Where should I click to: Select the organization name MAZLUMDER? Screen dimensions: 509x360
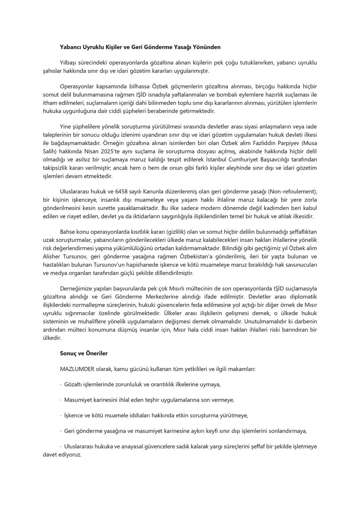point(75,369)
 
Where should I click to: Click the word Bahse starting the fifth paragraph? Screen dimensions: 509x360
point(68,232)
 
